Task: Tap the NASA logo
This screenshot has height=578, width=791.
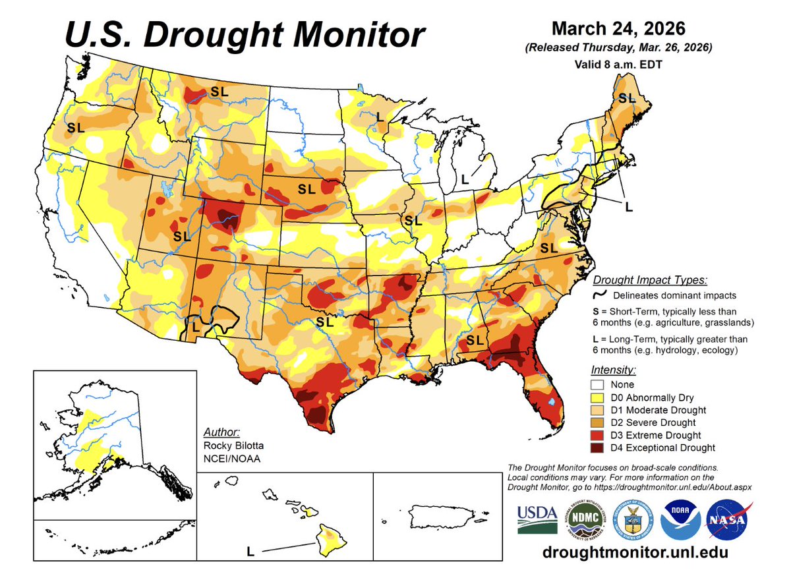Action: pos(727,519)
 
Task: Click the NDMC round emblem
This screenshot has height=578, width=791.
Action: pos(585,519)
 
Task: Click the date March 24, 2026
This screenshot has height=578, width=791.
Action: pos(618,30)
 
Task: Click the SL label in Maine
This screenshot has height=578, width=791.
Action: pos(627,98)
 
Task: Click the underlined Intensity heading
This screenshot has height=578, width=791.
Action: pos(613,370)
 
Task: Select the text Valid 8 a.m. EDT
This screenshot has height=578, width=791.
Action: pos(618,65)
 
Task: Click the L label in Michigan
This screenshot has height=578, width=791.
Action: pos(465,179)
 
